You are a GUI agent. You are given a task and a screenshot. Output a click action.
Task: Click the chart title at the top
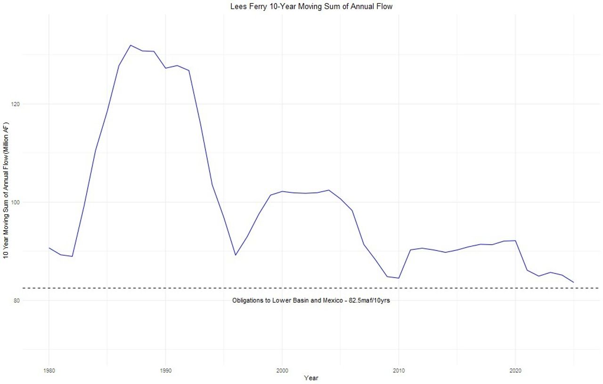[311, 7]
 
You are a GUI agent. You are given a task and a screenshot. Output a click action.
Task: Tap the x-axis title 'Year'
[311, 377]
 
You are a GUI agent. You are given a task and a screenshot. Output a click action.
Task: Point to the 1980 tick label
[49, 370]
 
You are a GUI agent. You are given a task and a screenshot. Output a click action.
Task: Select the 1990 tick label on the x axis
[165, 370]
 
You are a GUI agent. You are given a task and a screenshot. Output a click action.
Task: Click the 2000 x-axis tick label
[282, 370]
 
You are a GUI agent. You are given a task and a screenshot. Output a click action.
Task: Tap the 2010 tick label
[399, 370]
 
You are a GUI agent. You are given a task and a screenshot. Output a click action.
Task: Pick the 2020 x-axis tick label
[515, 370]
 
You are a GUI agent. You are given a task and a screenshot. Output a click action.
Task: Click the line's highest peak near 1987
[130, 45]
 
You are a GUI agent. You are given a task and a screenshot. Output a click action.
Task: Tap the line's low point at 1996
[236, 255]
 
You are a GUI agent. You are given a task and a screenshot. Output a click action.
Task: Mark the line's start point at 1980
[49, 248]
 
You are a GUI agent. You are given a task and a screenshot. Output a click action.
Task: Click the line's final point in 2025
[573, 282]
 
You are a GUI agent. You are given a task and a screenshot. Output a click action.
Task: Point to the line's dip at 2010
[399, 278]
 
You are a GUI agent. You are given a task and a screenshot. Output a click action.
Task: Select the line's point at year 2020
[515, 240]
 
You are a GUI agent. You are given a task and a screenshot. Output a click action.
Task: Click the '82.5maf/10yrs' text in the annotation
[369, 300]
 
